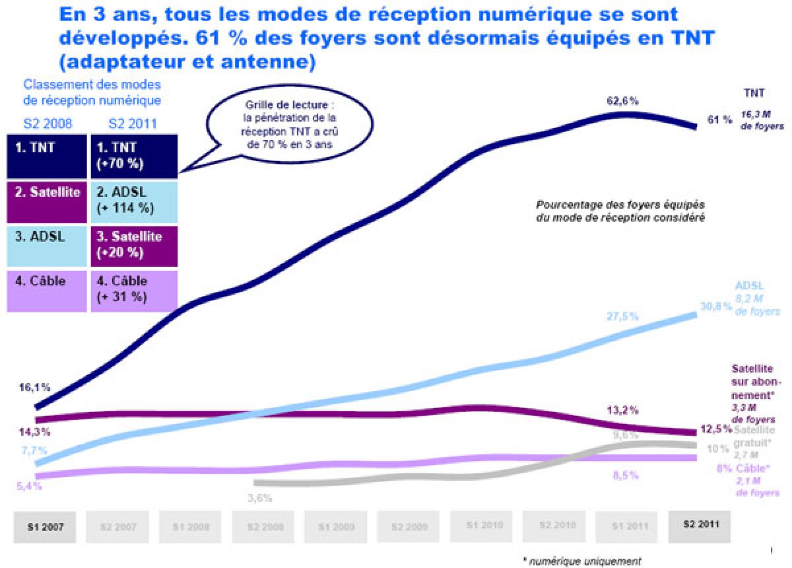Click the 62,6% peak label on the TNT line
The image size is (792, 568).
(622, 101)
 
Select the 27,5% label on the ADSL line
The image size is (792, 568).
(622, 316)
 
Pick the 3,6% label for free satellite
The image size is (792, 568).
(260, 498)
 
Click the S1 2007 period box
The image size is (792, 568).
(45, 526)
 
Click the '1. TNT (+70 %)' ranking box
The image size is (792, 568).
(134, 156)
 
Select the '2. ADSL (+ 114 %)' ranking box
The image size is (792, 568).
(134, 200)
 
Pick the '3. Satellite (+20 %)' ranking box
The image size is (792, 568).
(134, 244)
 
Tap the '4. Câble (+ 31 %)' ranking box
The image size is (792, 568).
(134, 289)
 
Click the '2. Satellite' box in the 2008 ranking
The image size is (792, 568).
(46, 200)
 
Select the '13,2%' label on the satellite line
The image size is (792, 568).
(622, 410)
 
